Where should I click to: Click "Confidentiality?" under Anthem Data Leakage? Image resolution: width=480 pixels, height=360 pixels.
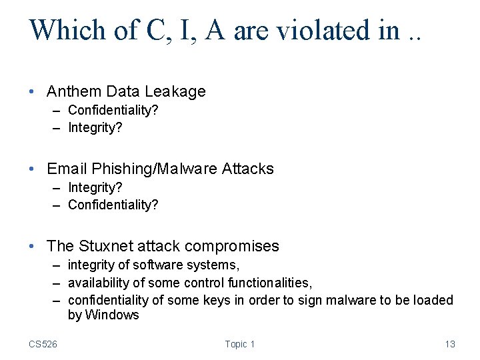[x=113, y=109]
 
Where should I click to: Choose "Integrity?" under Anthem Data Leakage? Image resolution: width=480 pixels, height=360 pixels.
[x=95, y=127]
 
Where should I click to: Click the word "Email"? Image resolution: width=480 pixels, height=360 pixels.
[x=67, y=169]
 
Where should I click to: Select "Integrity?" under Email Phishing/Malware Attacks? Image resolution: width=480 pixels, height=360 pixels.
[x=95, y=187]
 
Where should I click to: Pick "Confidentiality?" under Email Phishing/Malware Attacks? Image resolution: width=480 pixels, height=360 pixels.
[x=113, y=205]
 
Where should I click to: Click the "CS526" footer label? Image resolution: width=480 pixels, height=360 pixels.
[x=43, y=344]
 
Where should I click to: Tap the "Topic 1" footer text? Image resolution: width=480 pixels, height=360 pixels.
[x=240, y=344]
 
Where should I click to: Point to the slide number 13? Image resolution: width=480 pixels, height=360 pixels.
[x=450, y=344]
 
